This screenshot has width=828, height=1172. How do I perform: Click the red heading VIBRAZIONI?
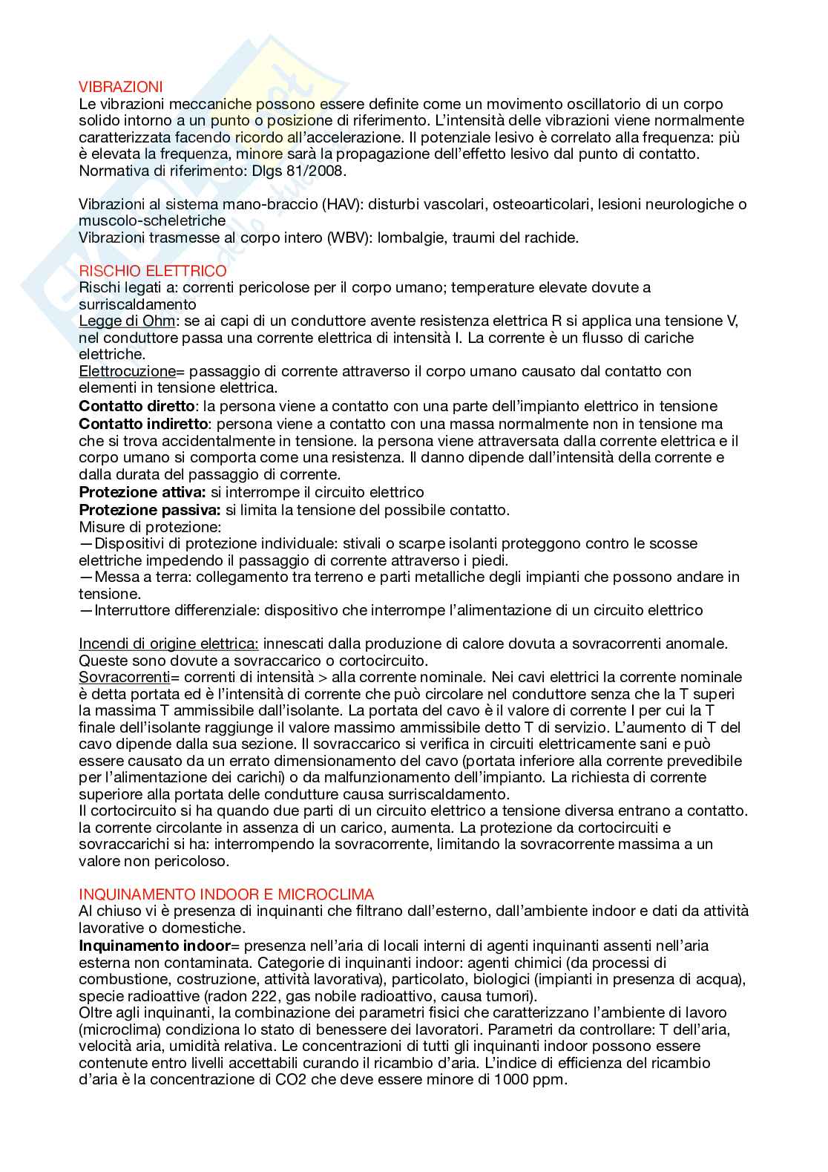tap(120, 88)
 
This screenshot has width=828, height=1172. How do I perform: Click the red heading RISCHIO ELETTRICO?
tap(152, 271)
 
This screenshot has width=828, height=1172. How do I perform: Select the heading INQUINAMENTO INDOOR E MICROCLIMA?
tap(226, 894)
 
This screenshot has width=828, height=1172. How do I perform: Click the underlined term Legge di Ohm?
tap(127, 321)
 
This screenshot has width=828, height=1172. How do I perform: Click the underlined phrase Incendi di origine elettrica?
tap(168, 643)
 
